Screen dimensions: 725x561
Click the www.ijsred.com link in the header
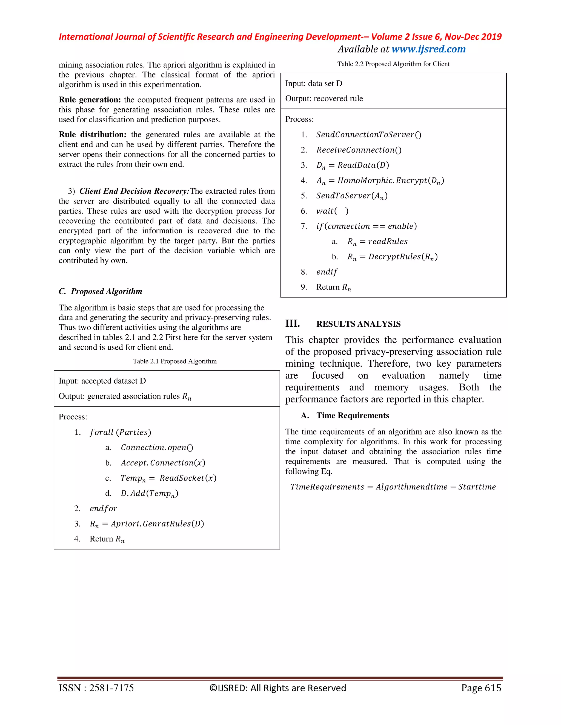point(428,49)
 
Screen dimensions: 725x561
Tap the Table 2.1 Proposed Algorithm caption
point(174,361)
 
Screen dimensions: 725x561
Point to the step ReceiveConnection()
point(359,150)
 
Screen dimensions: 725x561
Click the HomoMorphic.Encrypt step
point(380,181)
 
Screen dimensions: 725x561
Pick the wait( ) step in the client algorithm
point(332,211)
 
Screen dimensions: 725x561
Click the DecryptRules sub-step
point(392,257)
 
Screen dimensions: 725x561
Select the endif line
point(327,272)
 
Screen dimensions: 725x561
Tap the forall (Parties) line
point(120,432)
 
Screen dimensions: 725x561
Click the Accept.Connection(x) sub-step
point(163,463)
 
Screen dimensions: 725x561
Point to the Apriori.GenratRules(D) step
point(147,524)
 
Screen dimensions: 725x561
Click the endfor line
point(103,509)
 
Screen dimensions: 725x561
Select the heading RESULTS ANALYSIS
point(358,324)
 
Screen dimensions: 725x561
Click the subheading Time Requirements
point(352,416)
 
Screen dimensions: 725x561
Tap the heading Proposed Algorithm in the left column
point(106,291)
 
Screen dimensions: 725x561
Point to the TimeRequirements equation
point(393,487)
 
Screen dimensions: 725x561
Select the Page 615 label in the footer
point(481,688)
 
